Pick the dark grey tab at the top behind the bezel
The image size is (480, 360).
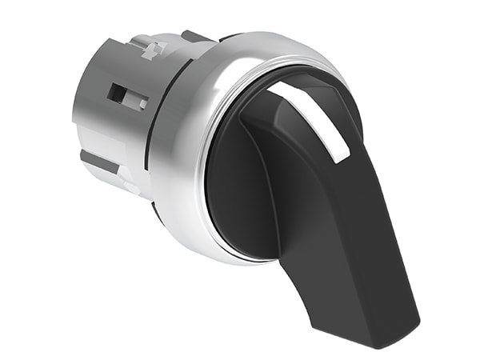193,37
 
